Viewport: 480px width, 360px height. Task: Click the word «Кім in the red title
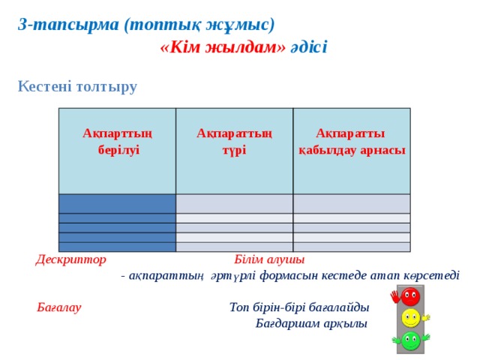coord(180,47)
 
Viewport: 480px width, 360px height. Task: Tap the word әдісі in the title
coord(308,47)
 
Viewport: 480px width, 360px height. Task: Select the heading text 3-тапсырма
coord(68,25)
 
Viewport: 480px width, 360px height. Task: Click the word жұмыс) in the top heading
coord(240,25)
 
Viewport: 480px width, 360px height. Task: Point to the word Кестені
coord(45,86)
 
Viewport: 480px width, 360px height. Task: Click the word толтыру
coord(106,87)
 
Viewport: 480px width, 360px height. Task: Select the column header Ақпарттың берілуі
coord(118,142)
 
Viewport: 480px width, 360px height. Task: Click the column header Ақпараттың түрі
coord(234,142)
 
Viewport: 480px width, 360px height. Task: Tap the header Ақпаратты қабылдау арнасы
coord(352,142)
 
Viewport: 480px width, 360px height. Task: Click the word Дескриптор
coord(71,259)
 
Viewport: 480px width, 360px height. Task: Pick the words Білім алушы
coord(269,259)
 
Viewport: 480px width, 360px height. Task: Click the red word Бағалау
coord(59,307)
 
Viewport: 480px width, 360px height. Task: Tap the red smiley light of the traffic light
coord(410,296)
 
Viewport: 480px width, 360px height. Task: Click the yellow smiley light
coord(410,318)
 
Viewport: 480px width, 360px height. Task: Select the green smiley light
coord(410,340)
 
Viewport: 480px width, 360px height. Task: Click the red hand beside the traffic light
coord(395,296)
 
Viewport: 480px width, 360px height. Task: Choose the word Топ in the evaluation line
coord(239,307)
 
